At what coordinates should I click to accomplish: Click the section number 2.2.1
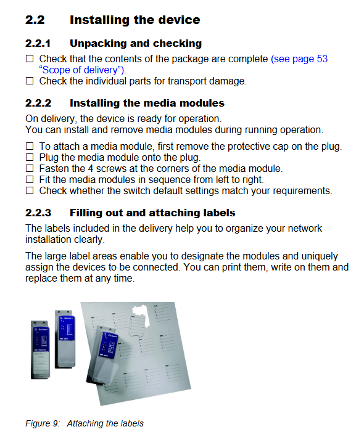pyautogui.click(x=38, y=44)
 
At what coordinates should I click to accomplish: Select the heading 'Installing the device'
pyautogui.click(x=135, y=20)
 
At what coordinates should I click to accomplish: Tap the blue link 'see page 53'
pyautogui.click(x=300, y=59)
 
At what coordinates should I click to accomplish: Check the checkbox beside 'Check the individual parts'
pyautogui.click(x=30, y=81)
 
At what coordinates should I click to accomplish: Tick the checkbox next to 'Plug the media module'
pyautogui.click(x=30, y=157)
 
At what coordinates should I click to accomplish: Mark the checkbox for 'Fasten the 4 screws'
pyautogui.click(x=30, y=168)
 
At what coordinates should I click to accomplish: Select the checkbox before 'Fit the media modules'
pyautogui.click(x=30, y=179)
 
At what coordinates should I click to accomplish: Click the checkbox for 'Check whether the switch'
pyautogui.click(x=30, y=191)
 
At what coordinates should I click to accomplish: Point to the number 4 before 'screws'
pyautogui.click(x=91, y=169)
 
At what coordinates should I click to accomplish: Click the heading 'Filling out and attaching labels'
pyautogui.click(x=152, y=213)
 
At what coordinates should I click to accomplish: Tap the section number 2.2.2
pyautogui.click(x=38, y=104)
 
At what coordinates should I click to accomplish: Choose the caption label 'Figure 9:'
pyautogui.click(x=43, y=423)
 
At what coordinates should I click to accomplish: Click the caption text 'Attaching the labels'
pyautogui.click(x=105, y=423)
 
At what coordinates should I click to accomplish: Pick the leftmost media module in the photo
pyautogui.click(x=41, y=349)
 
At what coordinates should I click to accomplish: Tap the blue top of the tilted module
pyautogui.click(x=109, y=344)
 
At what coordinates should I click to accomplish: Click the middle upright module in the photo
pyautogui.click(x=65, y=340)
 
